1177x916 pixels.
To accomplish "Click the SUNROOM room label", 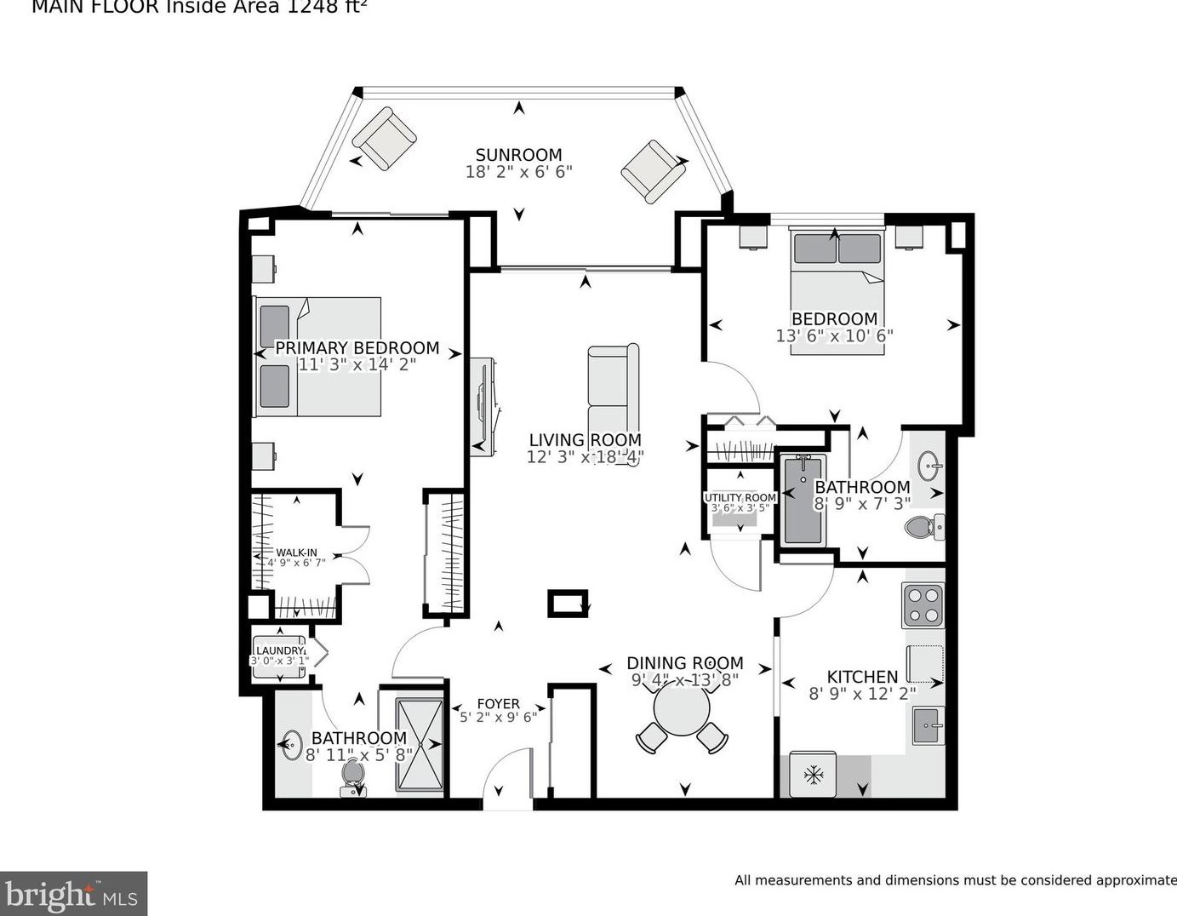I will tap(518, 155).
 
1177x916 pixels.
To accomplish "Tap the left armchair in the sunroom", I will tap(384, 138).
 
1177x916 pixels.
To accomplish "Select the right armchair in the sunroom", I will tap(653, 171).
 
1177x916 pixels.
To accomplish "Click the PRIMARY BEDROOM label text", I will tap(357, 348).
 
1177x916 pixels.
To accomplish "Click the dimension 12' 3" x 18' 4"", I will tap(584, 457).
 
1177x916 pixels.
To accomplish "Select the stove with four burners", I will tap(923, 605).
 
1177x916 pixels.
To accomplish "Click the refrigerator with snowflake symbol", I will tap(813, 775).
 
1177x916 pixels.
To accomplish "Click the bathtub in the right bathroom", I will tap(803, 500).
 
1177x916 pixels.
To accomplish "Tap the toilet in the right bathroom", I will tap(923, 527).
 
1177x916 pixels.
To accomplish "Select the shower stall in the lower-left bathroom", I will tap(420, 746).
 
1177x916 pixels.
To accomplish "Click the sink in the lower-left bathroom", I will tap(292, 746).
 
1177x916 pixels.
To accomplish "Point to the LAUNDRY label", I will tap(280, 651).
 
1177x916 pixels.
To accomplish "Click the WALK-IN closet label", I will tap(296, 552).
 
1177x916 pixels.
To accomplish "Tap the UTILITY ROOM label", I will tap(740, 498).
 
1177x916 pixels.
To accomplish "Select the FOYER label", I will tap(498, 704).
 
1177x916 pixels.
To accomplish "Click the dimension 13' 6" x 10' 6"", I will tap(833, 336).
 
